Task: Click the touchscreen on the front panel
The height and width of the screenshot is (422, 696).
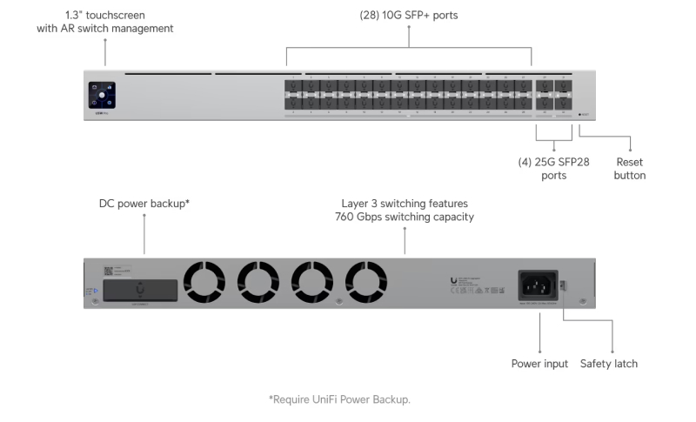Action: click(101, 96)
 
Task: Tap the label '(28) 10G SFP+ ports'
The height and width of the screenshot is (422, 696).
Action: click(408, 16)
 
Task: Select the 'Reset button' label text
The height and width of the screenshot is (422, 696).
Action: click(630, 169)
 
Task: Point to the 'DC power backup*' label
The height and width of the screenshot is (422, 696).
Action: click(144, 203)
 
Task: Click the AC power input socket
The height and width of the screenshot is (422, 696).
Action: click(539, 284)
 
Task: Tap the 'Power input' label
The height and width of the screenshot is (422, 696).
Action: click(539, 364)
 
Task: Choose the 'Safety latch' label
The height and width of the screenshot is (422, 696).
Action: click(609, 364)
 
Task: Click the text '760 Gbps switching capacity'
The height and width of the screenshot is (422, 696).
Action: click(405, 217)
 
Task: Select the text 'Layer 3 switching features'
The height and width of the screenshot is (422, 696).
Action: click(405, 203)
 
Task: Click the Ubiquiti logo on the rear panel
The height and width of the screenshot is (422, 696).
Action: click(454, 280)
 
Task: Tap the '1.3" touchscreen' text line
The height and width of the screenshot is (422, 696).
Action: click(105, 15)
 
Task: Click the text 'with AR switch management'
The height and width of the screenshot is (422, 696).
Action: click(105, 29)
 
